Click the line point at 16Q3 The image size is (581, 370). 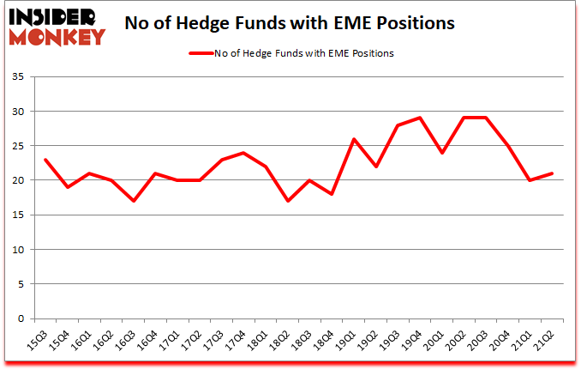(135, 201)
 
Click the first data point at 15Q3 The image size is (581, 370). (45, 160)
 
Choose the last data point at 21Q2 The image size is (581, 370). (553, 173)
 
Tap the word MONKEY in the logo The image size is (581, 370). (57, 36)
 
